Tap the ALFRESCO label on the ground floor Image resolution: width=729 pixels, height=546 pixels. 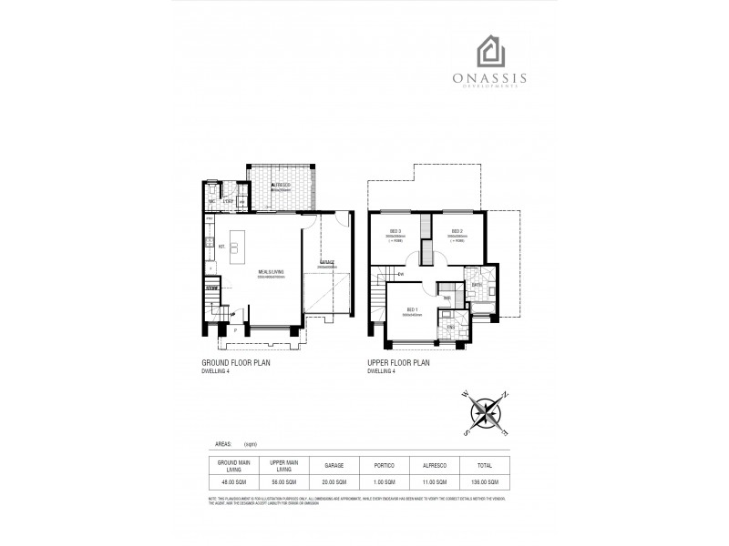tap(281, 184)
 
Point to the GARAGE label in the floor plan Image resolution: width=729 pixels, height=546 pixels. tap(326, 263)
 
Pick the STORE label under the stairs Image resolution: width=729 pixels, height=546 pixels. tap(212, 288)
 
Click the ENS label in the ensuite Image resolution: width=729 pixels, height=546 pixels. tap(450, 325)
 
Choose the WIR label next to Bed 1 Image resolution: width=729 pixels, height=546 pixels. tap(447, 298)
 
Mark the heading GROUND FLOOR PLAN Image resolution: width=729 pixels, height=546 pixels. tap(235, 362)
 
